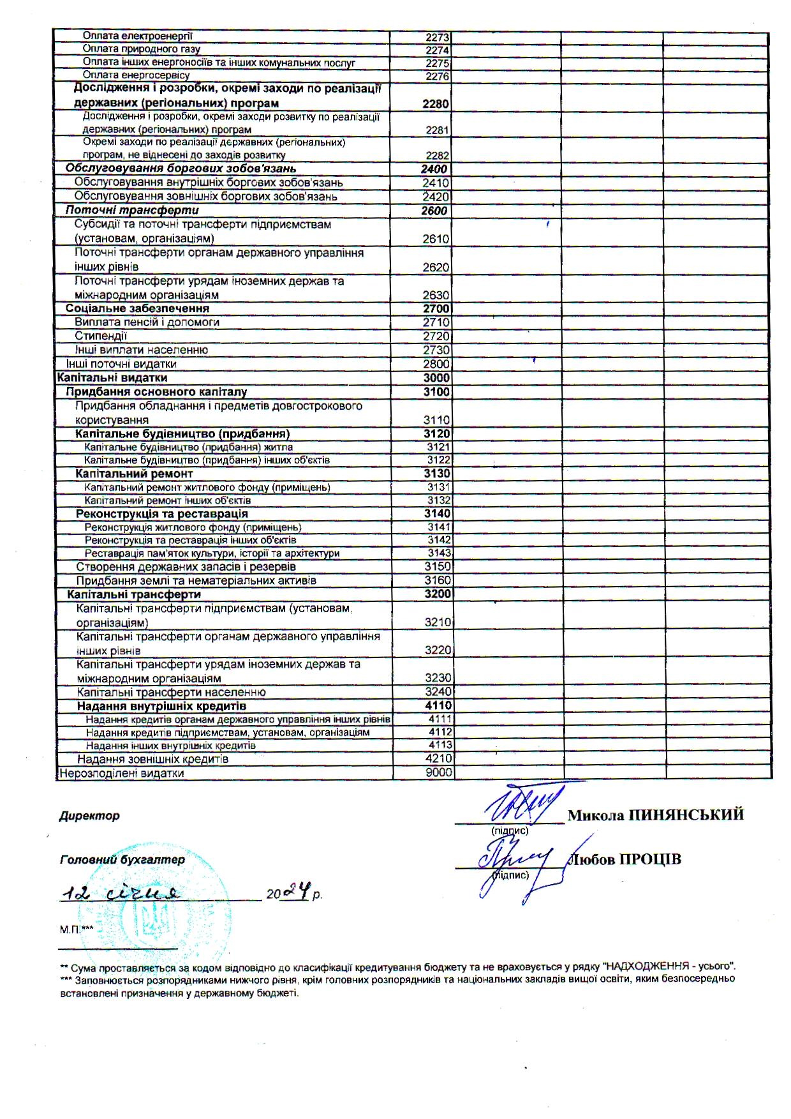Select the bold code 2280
pos(435,104)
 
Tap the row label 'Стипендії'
pos(101,336)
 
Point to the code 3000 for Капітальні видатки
pos(436,378)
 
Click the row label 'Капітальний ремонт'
pos(134,474)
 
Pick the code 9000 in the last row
pos(438,773)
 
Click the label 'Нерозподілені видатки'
pos(121,774)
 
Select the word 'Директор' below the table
pos(89,816)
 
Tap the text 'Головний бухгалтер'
pos(122,860)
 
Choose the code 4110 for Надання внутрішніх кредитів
pos(438,706)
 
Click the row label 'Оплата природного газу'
pos(142,49)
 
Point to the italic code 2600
pos(434,211)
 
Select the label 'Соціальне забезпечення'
pos(137,309)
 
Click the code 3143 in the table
pos(439,553)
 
